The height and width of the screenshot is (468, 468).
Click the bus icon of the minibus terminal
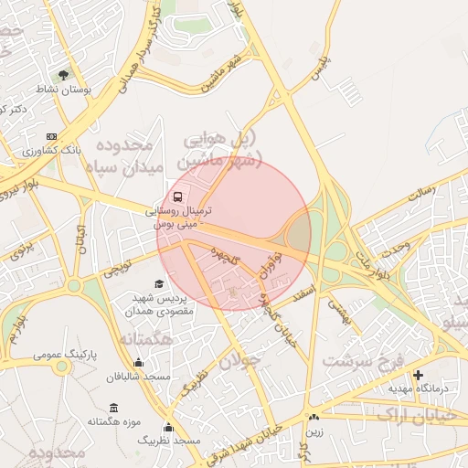[x=177, y=197]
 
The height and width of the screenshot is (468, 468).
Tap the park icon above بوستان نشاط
[x=63, y=76]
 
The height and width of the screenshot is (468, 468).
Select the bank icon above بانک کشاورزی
[x=50, y=136]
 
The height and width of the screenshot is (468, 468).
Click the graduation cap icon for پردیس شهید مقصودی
[x=159, y=284]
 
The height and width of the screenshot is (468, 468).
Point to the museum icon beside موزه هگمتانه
[x=112, y=408]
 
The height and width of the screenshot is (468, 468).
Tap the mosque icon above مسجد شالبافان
[x=137, y=362]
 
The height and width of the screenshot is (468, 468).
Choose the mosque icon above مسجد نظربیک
[x=169, y=427]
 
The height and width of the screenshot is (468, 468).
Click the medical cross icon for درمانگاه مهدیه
[x=419, y=375]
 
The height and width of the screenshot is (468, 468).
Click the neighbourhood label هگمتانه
[x=145, y=339]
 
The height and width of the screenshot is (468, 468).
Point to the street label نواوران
[x=267, y=268]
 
